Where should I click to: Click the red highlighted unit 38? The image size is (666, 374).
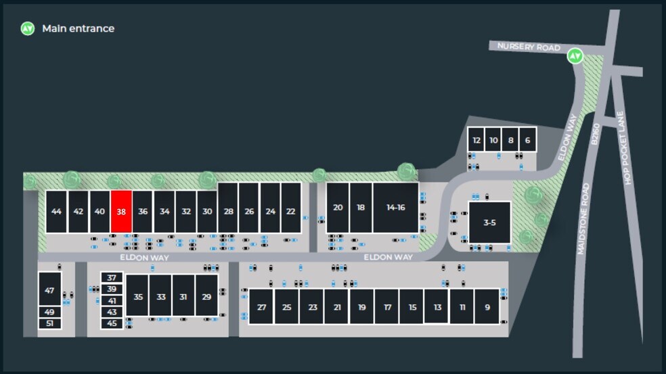pos(121,212)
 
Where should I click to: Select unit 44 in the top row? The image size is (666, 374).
pos(56,212)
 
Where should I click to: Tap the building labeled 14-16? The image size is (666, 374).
pos(395,208)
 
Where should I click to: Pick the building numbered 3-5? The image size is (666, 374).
pos(489,223)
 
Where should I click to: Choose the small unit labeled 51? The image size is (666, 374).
pos(49,323)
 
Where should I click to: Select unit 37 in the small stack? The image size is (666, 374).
pos(112,278)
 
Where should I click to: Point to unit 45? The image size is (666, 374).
pos(112,323)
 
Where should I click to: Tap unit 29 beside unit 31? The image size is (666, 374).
pos(206,296)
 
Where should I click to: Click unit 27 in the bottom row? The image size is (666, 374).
pos(261,306)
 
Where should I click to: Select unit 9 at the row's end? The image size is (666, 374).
pos(487,306)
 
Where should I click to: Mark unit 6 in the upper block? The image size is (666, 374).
pos(527,140)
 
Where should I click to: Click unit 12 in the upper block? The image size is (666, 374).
pos(476,140)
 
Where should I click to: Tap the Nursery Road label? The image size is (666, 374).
pos(529,47)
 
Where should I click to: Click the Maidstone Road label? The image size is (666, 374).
pos(583,219)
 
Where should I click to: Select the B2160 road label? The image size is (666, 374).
pos(595,134)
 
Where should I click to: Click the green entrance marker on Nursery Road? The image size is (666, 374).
pos(575,56)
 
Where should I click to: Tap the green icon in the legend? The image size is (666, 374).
pos(28,28)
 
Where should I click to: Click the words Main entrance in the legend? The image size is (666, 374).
pos(78,28)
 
